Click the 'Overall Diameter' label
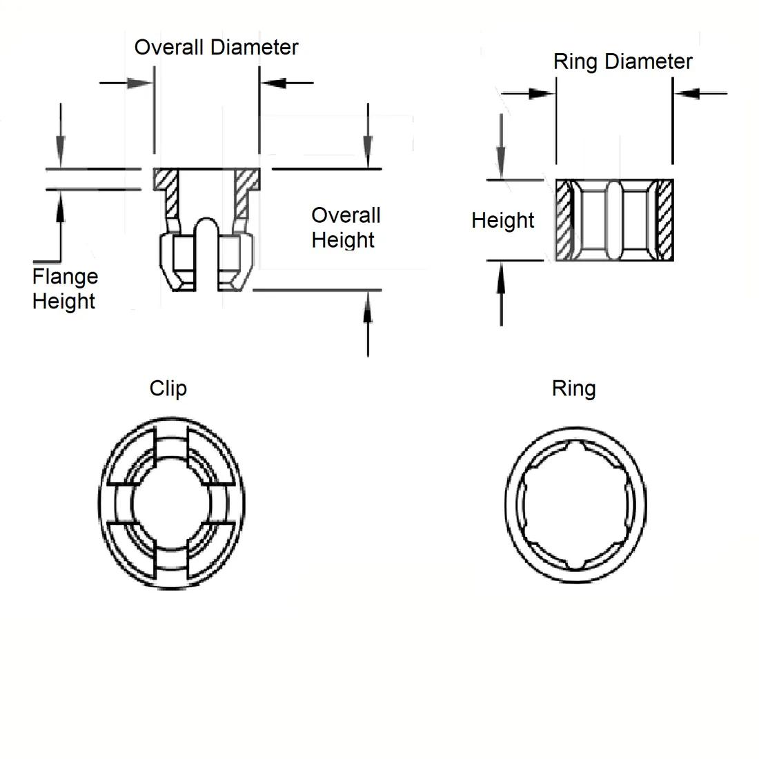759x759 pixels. click(216, 48)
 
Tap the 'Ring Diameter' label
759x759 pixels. click(622, 62)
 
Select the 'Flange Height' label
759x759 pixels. click(64, 288)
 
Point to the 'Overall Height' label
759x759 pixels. click(345, 227)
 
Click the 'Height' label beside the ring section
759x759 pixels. click(503, 220)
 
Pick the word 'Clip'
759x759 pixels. click(168, 388)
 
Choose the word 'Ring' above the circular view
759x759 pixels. click(573, 388)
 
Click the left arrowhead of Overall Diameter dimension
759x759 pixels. click(141, 83)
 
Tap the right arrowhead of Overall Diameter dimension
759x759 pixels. click(272, 83)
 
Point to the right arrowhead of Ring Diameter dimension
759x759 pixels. click(685, 93)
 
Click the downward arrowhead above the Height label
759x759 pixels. click(501, 169)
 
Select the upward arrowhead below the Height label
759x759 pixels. click(501, 272)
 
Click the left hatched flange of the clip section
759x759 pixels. click(165, 180)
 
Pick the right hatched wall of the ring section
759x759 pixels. click(665, 220)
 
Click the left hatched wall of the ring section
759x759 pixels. click(564, 220)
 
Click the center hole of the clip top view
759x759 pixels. click(171, 504)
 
